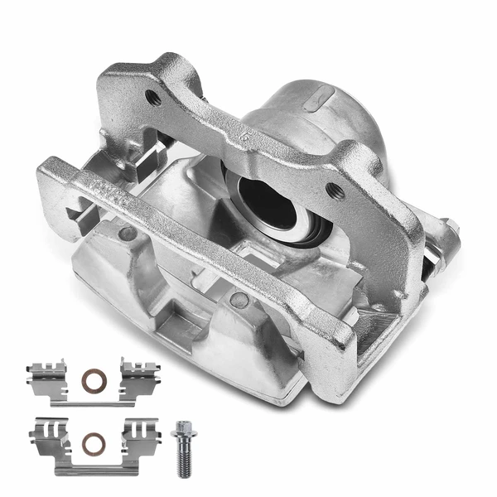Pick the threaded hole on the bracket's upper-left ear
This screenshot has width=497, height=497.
pos(153,97)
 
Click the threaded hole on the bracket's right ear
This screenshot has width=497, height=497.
pos(335,191)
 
